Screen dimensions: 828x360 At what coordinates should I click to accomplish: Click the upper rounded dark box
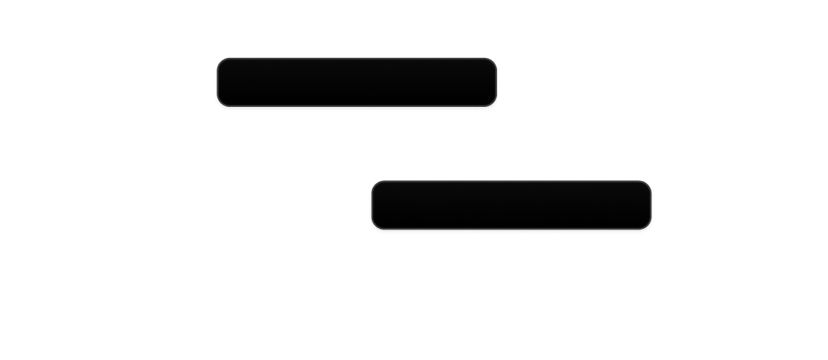click(357, 82)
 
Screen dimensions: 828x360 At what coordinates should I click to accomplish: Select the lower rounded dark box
click(510, 205)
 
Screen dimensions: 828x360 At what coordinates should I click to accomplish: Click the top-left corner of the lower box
click(372, 183)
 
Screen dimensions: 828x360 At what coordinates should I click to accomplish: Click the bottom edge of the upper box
click(357, 107)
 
